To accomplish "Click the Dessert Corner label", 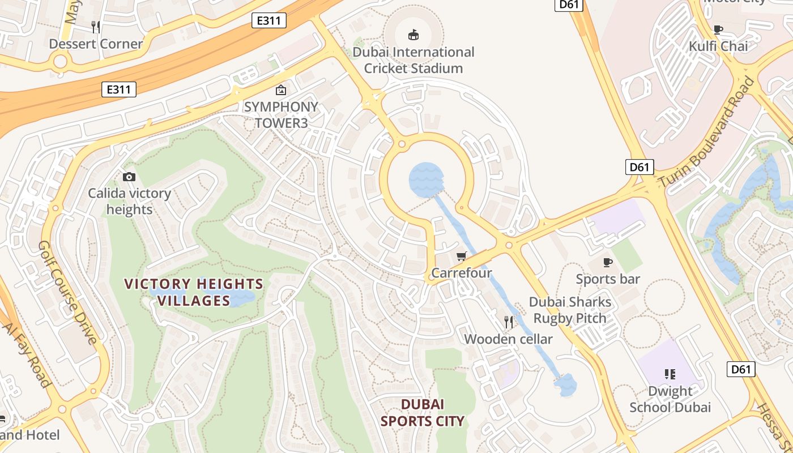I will point(96,44).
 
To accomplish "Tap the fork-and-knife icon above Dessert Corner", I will point(96,27).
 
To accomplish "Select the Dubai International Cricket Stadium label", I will point(413,60).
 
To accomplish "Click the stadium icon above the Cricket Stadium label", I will point(413,35).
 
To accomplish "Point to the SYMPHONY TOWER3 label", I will point(281,115).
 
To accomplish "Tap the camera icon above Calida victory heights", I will point(129,177).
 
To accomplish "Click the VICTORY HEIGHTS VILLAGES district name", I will point(194,292).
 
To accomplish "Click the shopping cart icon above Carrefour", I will point(462,257).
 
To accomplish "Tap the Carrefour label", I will point(462,273).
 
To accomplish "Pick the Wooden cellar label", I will point(508,339).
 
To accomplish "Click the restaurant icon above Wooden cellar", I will point(509,322).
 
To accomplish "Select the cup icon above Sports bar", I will point(608,262).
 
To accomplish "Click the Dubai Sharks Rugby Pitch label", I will point(570,310).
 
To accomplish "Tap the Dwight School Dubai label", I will point(670,399).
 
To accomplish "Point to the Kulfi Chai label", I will point(718,46).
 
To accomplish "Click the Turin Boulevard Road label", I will point(708,133).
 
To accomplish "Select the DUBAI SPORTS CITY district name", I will point(423,412).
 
